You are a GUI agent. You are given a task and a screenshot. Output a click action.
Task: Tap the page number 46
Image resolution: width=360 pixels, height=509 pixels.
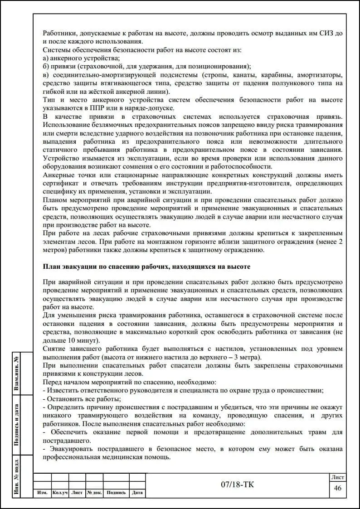point(337,488)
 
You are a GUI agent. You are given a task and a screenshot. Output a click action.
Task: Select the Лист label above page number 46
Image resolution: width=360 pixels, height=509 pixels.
point(337,477)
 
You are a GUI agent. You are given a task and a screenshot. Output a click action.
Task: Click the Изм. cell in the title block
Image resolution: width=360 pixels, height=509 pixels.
point(42,493)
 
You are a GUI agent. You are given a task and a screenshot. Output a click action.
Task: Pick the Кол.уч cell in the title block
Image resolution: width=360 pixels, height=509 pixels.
point(60,493)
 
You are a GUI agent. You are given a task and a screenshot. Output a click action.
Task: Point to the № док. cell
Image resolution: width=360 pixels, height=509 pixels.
point(94,493)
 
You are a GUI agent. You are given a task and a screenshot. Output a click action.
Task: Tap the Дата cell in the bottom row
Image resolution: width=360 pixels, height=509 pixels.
point(137,493)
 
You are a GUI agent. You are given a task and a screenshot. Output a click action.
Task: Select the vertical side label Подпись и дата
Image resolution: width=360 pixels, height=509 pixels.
point(17,425)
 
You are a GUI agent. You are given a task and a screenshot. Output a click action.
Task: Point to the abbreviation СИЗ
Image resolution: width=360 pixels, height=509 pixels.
point(326,33)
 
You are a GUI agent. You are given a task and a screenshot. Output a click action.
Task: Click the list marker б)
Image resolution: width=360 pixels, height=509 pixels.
point(46,66)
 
